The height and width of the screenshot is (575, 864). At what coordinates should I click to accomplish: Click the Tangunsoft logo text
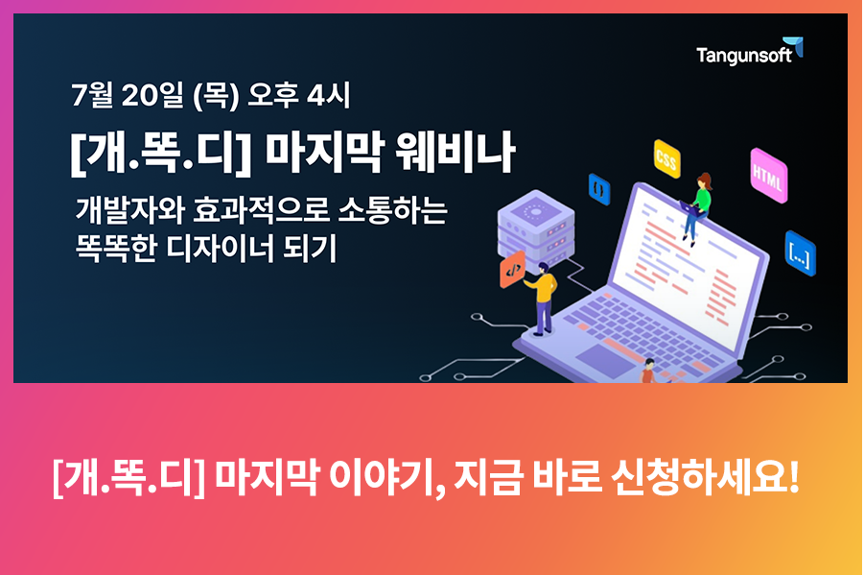[744, 55]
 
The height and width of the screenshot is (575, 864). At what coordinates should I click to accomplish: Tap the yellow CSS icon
[666, 159]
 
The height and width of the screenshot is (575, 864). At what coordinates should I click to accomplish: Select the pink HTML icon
[768, 176]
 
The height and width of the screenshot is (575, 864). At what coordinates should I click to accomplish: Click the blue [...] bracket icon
[800, 253]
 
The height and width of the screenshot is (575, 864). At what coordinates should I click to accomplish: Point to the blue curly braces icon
[599, 189]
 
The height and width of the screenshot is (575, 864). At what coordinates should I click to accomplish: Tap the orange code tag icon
[512, 270]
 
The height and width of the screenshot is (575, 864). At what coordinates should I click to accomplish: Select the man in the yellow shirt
[542, 298]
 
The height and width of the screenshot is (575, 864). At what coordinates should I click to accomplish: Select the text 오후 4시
[298, 95]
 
